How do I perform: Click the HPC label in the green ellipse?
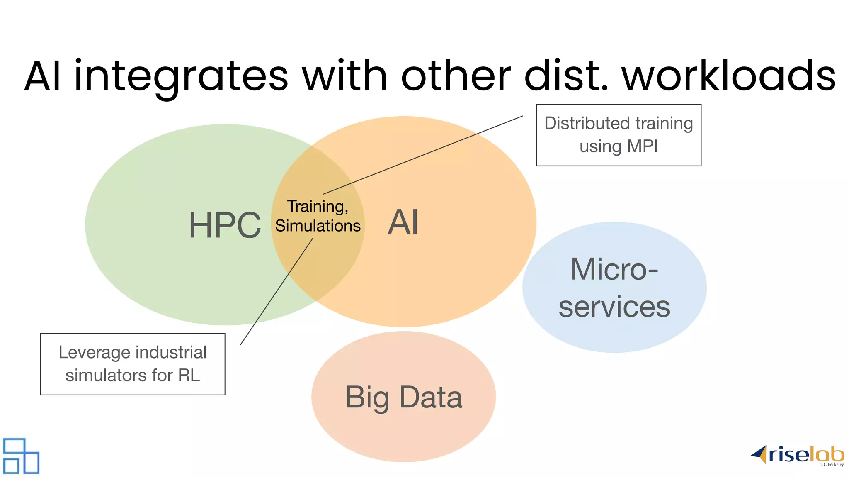225,225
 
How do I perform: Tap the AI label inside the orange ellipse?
403,222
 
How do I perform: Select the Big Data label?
403,397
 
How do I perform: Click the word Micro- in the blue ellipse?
614,269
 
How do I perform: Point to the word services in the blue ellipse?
614,307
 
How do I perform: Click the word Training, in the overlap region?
318,206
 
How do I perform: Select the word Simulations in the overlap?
318,226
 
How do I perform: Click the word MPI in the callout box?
642,146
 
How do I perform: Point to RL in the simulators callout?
189,375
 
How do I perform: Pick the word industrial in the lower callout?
171,352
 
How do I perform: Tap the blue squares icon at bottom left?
21,456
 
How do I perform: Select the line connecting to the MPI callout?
423,155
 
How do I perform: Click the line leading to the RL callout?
277,291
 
